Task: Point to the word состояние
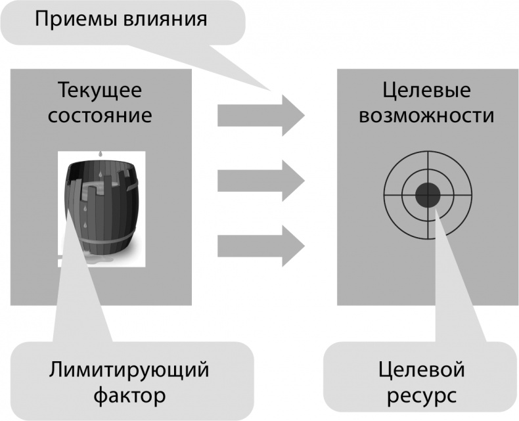click(x=100, y=116)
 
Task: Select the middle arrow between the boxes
click(x=261, y=179)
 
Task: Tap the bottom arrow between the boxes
click(x=261, y=245)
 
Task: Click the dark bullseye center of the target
click(x=428, y=194)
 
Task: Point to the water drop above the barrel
click(x=99, y=155)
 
